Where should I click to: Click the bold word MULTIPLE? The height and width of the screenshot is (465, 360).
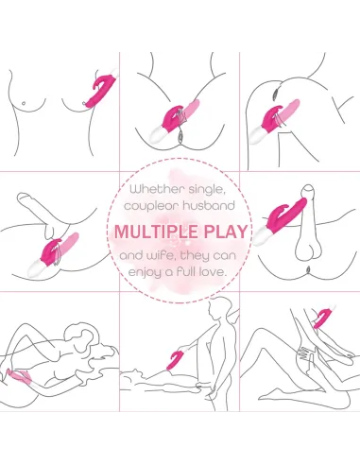click(156, 232)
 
